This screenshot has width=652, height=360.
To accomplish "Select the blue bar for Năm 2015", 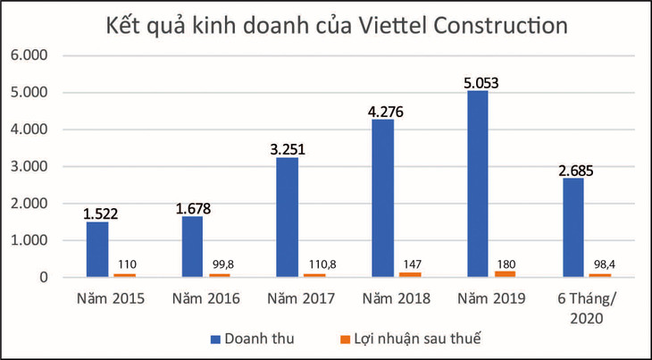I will click(97, 249).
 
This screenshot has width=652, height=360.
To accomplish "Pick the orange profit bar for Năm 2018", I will click(411, 274).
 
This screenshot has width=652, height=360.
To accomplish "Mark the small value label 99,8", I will click(219, 266).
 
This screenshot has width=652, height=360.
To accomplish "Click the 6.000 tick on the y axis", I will click(33, 55).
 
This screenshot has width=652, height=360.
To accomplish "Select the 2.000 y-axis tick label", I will click(33, 204).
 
